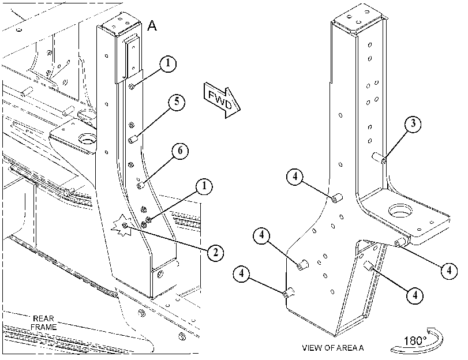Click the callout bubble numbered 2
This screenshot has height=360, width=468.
pos(215,253)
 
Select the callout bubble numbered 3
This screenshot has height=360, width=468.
pos(413,123)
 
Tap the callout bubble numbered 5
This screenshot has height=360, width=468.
pos(177,102)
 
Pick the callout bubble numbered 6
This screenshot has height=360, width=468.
pos(180,151)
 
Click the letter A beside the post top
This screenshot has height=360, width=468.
pos(152,25)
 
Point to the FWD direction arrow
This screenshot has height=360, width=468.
pos(222,100)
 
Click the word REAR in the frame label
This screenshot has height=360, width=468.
pos(44,318)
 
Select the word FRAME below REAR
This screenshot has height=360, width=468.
pos(44,327)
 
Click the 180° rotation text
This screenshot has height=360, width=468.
pos(415,340)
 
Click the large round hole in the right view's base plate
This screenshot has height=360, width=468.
pos(400,211)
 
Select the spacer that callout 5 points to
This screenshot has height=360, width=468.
pos(133,140)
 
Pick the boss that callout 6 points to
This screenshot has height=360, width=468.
pos(140,186)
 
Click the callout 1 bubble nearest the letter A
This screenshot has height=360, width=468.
pos(168,63)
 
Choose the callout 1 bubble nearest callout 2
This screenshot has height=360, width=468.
pos(204,187)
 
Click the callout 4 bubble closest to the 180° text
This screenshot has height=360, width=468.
pos(415,295)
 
